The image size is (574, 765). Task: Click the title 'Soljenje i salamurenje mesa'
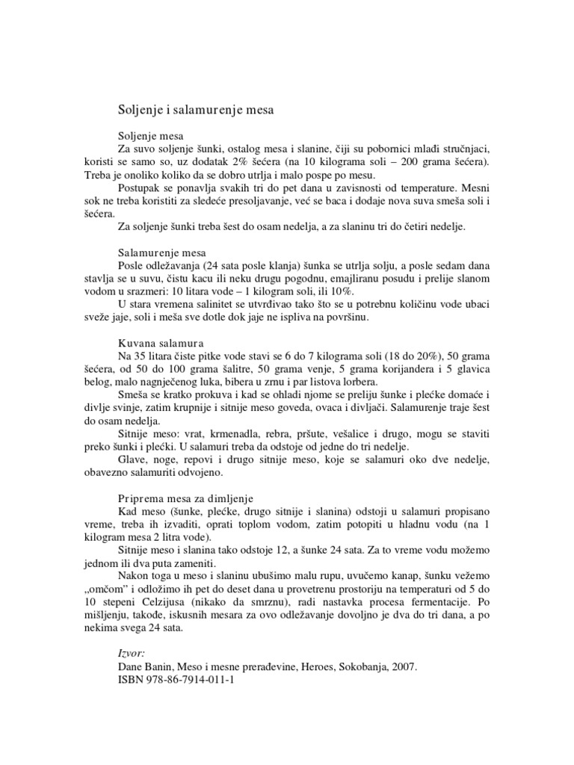197,110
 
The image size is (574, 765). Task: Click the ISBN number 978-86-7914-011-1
191,680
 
